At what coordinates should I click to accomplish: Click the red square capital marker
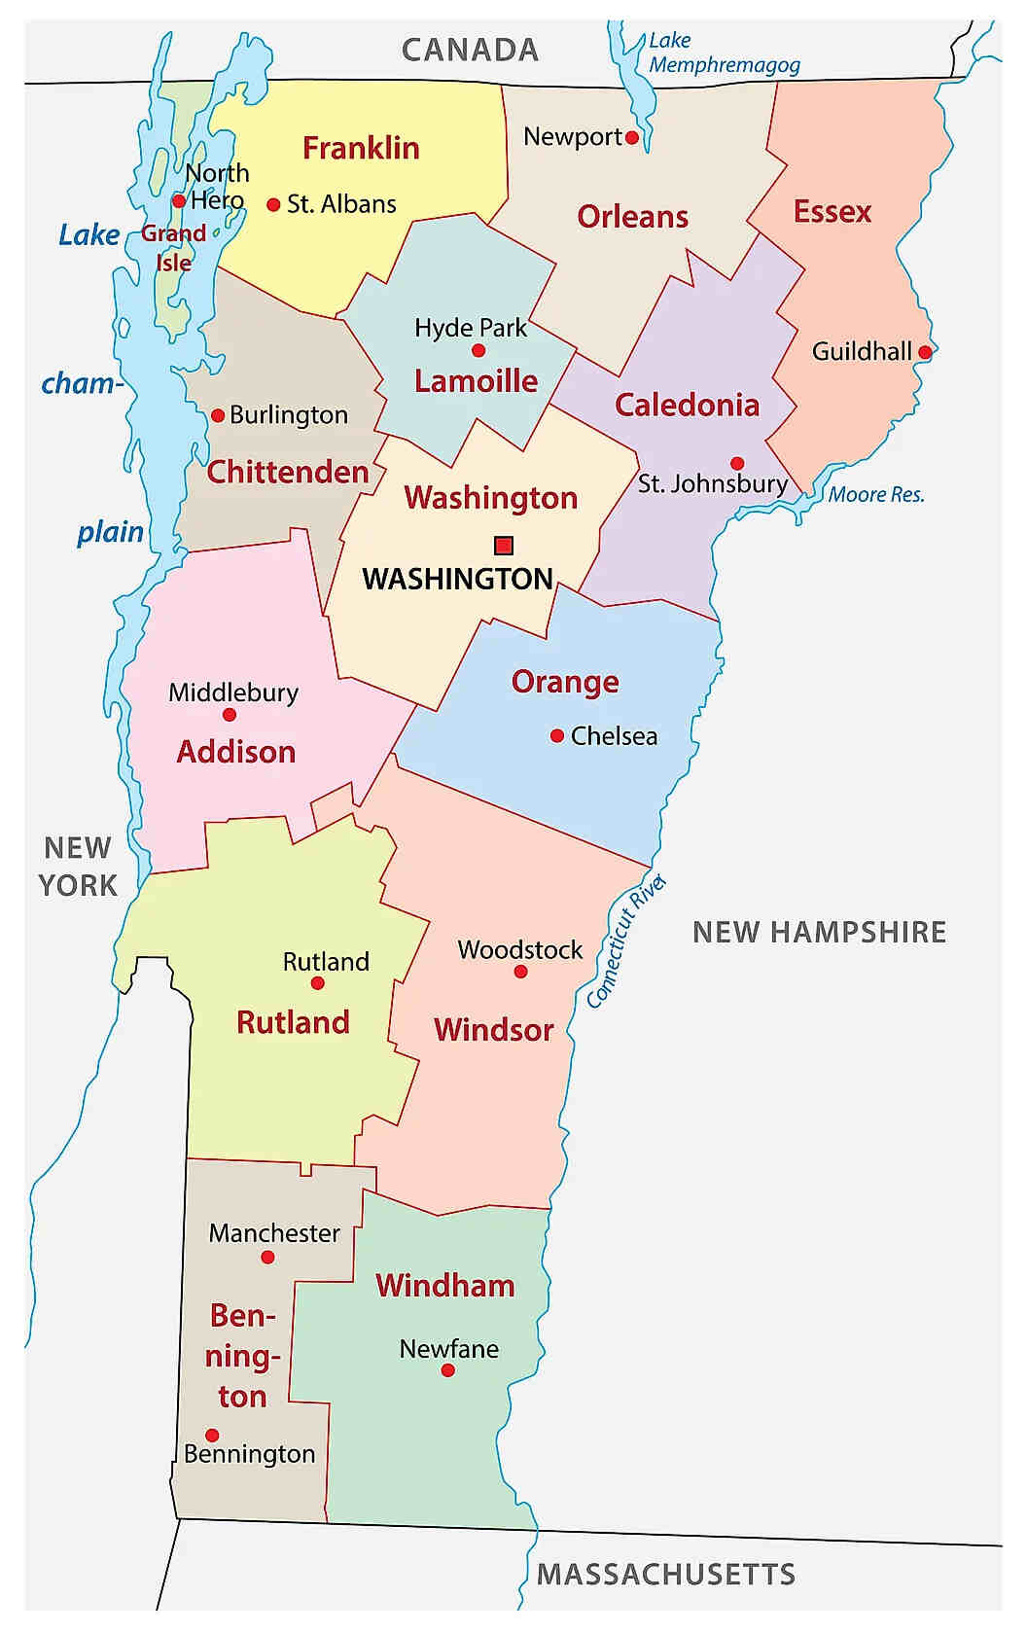click(x=503, y=545)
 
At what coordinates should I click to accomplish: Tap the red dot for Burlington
click(x=218, y=415)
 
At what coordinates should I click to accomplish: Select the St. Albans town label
click(x=341, y=204)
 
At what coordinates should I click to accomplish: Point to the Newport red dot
click(x=632, y=138)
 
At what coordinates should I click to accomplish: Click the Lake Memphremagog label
click(x=724, y=53)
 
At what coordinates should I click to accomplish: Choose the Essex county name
click(x=832, y=212)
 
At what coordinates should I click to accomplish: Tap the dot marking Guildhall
click(x=925, y=352)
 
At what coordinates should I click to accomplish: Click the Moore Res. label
click(x=875, y=494)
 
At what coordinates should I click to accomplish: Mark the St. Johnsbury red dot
click(x=737, y=463)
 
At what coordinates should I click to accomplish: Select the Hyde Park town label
click(x=471, y=328)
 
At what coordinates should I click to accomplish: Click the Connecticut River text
click(x=626, y=941)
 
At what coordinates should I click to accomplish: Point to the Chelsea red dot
click(x=557, y=736)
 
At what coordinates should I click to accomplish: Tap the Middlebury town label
click(x=233, y=692)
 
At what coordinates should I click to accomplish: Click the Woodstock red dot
click(x=520, y=972)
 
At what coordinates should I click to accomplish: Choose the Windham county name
click(x=445, y=1286)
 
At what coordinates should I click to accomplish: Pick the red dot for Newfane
click(x=447, y=1370)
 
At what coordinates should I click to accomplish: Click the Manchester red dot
click(x=268, y=1258)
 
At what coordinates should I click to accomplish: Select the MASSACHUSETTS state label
click(x=666, y=1575)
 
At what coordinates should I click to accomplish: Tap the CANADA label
click(x=470, y=51)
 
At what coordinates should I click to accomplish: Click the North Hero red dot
click(x=179, y=201)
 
